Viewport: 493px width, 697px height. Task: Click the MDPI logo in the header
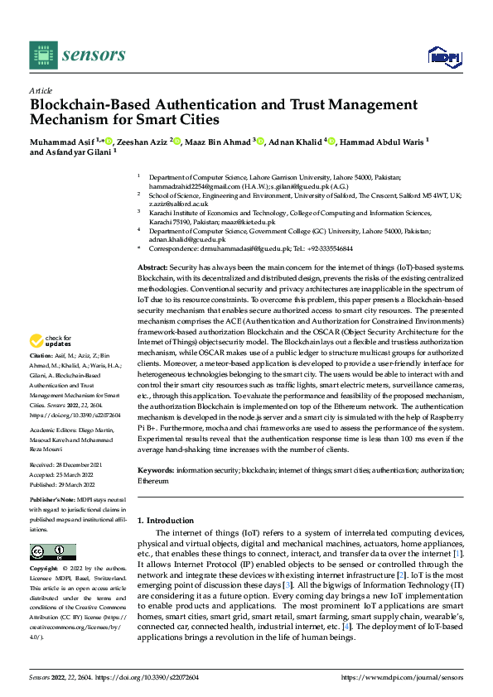coord(444,55)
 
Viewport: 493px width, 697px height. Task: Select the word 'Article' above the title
coord(41,89)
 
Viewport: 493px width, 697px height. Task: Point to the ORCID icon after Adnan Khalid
coord(331,142)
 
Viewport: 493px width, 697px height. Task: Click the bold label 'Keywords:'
coord(156,469)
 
